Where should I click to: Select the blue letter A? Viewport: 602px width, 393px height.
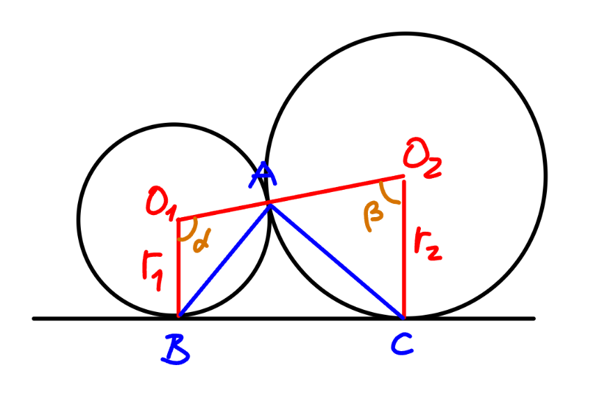coord(263,175)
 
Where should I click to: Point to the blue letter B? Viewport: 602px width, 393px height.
coord(176,349)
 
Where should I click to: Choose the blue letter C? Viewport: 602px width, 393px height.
coord(402,343)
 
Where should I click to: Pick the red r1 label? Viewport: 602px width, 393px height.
coord(153,270)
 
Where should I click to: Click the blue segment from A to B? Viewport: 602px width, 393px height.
coord(224,260)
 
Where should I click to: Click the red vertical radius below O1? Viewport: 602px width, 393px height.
coord(178,268)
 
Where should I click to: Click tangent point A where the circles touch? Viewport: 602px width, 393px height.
coord(270,202)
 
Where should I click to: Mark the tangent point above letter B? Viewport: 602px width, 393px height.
coord(178,316)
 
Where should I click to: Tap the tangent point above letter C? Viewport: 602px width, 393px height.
coord(403,318)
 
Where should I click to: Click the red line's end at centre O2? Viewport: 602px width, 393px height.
coord(403,176)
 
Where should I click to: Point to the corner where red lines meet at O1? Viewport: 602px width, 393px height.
coord(178,220)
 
